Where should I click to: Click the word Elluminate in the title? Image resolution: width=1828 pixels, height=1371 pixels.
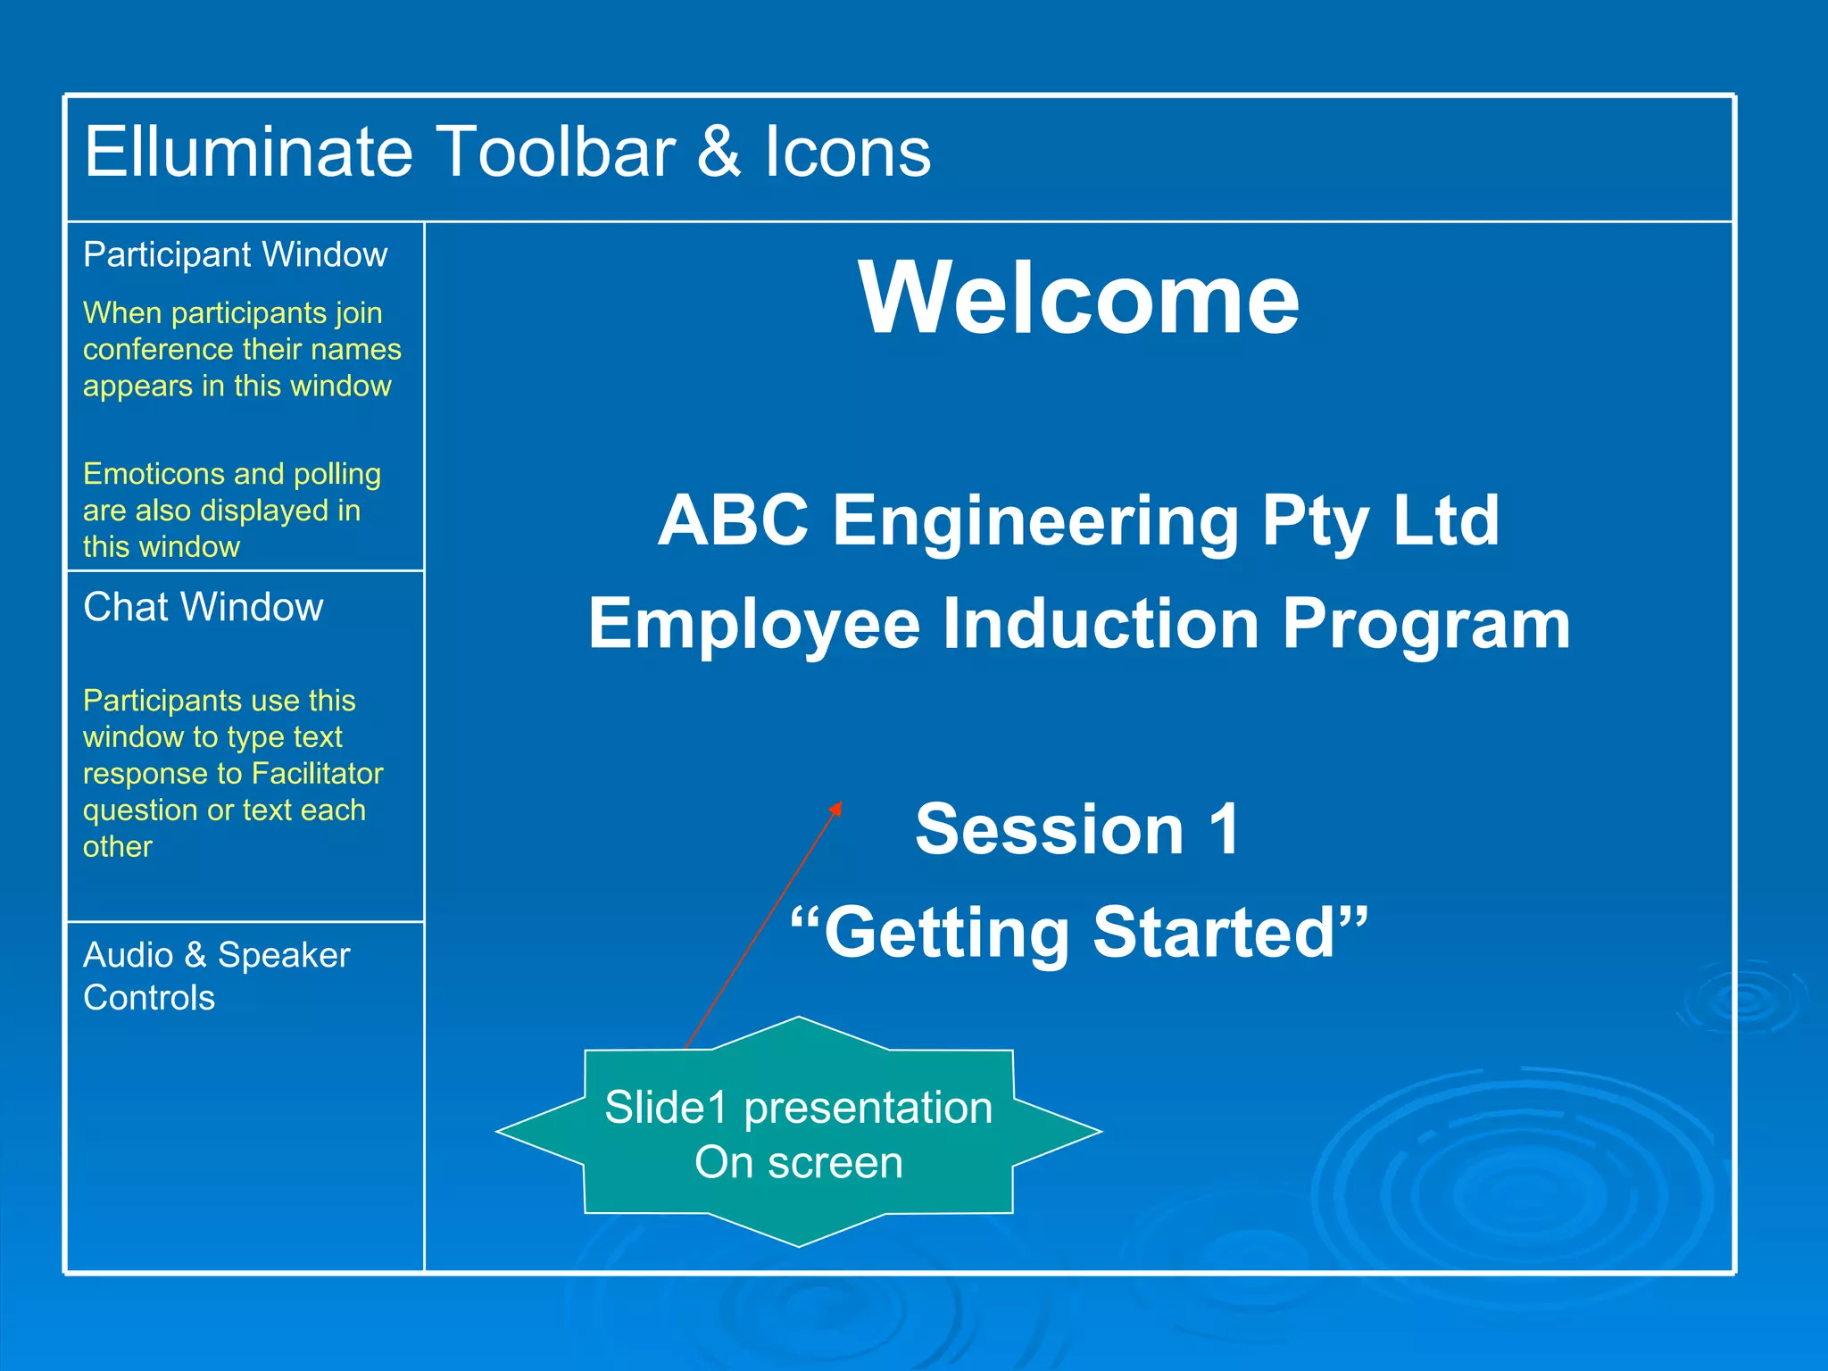[x=248, y=152]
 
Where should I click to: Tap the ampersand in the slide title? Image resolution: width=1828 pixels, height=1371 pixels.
[x=719, y=152]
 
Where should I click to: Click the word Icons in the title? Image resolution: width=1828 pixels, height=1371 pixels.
[x=847, y=152]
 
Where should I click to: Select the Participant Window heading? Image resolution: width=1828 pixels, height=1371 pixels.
[x=235, y=255]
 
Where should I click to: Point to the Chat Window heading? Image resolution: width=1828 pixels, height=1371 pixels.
[x=203, y=608]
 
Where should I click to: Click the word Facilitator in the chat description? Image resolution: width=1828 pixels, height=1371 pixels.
[x=318, y=774]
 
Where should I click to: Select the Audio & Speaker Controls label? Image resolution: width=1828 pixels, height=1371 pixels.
[x=216, y=976]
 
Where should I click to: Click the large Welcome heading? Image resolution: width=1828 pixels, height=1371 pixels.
[x=1078, y=298]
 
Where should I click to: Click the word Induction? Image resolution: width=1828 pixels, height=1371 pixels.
[x=1100, y=624]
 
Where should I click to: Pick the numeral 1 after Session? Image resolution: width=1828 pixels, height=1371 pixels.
[x=1225, y=830]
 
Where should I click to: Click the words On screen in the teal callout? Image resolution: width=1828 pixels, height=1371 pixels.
[x=799, y=1163]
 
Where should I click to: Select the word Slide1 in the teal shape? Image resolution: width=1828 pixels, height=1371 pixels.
[x=666, y=1109]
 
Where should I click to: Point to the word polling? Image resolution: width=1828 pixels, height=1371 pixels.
[x=337, y=474]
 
